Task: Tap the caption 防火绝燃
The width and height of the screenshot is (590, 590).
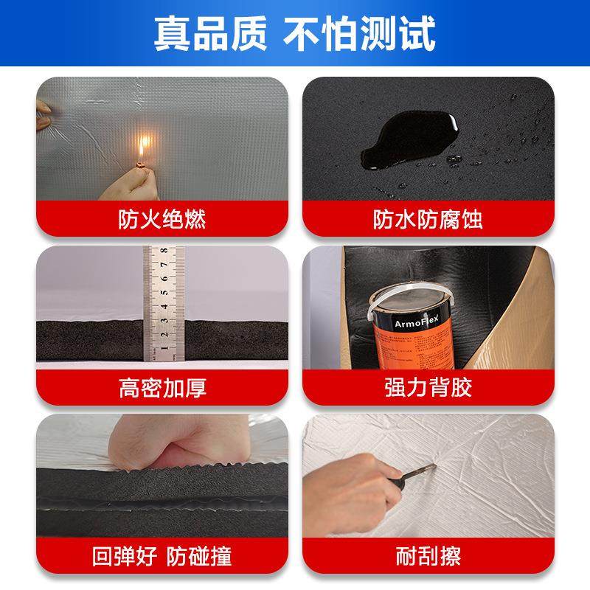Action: click(162, 219)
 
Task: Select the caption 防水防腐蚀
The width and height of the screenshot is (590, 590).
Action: click(428, 219)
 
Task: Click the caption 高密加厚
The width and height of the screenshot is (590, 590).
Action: click(162, 387)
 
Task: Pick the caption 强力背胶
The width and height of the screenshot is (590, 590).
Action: click(428, 387)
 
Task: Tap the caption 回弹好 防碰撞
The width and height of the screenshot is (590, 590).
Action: click(162, 555)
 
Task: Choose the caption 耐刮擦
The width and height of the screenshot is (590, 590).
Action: click(428, 555)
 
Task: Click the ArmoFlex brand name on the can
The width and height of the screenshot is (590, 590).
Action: click(399, 322)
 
